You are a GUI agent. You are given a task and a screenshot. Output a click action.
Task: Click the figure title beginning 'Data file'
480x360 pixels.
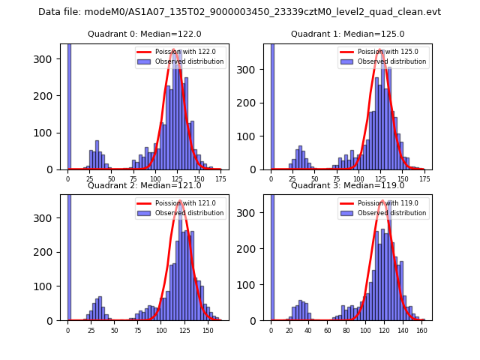pyautogui.click(x=239, y=12)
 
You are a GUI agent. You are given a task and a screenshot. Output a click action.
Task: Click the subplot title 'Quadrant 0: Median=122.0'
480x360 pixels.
pyautogui.click(x=145, y=34)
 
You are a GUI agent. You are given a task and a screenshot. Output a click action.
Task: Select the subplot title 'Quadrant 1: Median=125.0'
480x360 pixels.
pyautogui.click(x=348, y=34)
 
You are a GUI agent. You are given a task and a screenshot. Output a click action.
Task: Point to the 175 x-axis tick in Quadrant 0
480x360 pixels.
pyautogui.click(x=219, y=179)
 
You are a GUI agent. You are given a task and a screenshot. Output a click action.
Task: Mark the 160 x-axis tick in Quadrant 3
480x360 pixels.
pyautogui.click(x=422, y=330)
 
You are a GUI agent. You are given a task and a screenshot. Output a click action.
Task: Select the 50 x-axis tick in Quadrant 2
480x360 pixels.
pyautogui.click(x=114, y=330)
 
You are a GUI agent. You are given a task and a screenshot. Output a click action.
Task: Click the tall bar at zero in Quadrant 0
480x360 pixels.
pyautogui.click(x=69, y=105)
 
